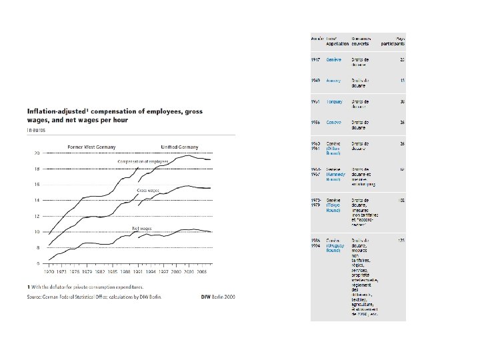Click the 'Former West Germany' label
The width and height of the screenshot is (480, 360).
tap(92, 147)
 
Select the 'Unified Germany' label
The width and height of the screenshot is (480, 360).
tap(178, 147)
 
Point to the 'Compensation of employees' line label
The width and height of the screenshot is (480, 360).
tap(143, 161)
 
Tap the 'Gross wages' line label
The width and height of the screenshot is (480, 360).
tap(147, 191)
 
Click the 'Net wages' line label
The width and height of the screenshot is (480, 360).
tap(141, 228)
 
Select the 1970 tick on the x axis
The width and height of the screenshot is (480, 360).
tap(49, 273)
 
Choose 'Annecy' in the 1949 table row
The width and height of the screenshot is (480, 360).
tap(334, 81)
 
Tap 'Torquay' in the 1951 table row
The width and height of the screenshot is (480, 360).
tap(335, 101)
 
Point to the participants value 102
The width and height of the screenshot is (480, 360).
tap(402, 199)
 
